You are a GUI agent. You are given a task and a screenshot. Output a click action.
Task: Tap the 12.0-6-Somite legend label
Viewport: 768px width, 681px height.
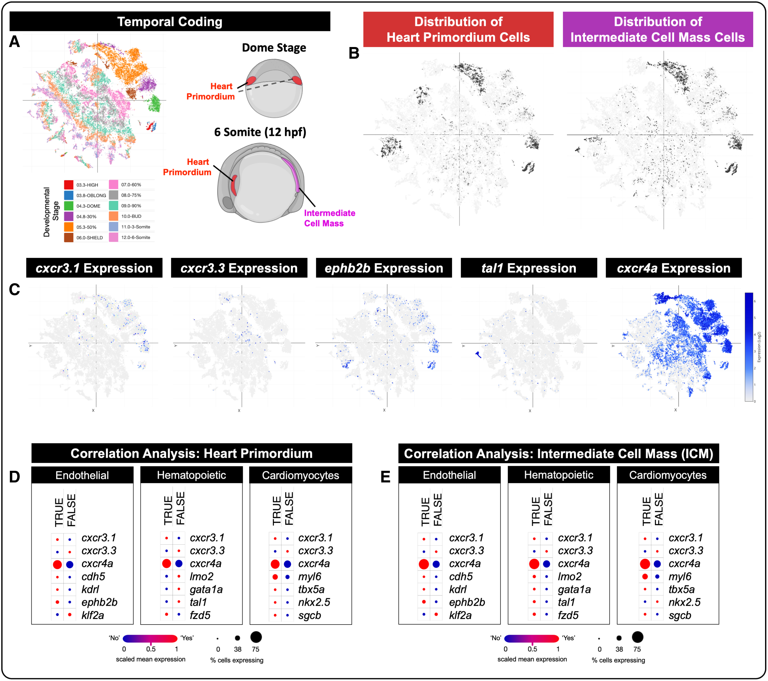(135, 237)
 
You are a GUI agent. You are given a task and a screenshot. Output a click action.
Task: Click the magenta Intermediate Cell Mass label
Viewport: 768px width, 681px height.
(329, 218)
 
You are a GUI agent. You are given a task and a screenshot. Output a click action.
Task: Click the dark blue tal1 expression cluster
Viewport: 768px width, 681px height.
(478, 354)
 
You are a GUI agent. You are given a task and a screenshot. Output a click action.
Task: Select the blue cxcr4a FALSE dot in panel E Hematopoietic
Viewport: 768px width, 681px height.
(546, 564)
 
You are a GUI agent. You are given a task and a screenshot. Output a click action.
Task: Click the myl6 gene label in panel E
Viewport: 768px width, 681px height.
(680, 576)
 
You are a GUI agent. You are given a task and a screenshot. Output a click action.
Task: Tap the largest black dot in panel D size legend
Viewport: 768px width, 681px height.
(256, 637)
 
